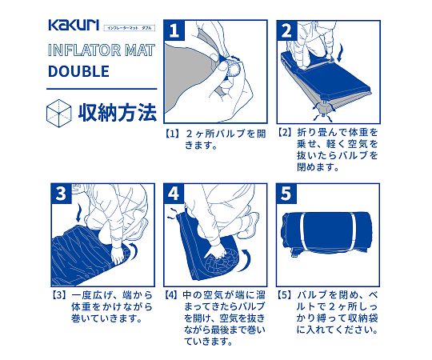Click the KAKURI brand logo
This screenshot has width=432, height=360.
click(74, 25)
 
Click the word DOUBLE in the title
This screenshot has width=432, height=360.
click(78, 71)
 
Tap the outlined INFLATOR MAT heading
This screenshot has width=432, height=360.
click(102, 50)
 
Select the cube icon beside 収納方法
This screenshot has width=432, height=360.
click(58, 114)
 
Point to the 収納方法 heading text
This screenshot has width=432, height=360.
click(118, 112)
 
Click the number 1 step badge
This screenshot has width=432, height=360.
click(174, 30)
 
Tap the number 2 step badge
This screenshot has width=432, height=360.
click(287, 30)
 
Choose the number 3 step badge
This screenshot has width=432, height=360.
click(61, 194)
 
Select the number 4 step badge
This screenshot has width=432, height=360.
click(174, 194)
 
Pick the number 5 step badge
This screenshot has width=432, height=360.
click(286, 194)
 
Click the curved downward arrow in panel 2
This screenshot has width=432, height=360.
click(341, 52)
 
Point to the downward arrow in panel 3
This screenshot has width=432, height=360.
click(79, 214)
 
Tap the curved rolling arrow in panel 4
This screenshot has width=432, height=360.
click(245, 260)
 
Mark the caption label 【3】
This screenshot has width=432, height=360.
click(59, 295)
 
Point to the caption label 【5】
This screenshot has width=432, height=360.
click(285, 295)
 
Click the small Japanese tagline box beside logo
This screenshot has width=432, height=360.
click(130, 28)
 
